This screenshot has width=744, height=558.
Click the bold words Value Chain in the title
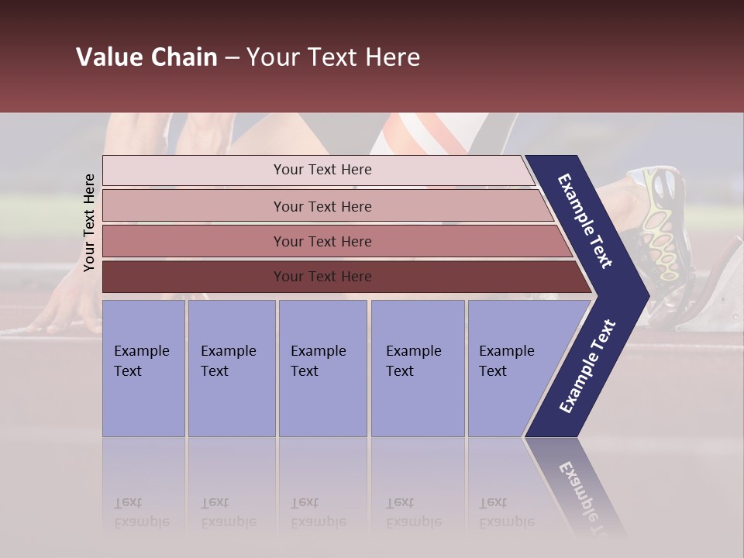coord(146,57)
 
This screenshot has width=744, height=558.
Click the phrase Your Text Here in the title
coord(332,57)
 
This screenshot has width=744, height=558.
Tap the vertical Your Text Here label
coord(89,222)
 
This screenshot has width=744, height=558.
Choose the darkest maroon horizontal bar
coord(194,277)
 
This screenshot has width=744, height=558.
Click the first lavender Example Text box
coord(143,368)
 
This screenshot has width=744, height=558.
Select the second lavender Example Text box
coord(231,368)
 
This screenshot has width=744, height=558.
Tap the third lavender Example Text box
coord(322,368)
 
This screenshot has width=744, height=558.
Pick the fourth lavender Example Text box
coord(417,368)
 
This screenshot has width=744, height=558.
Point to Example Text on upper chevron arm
coord(585,221)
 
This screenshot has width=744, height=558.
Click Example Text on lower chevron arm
coord(587,367)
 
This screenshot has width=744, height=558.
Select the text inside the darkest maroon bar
coord(322,277)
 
